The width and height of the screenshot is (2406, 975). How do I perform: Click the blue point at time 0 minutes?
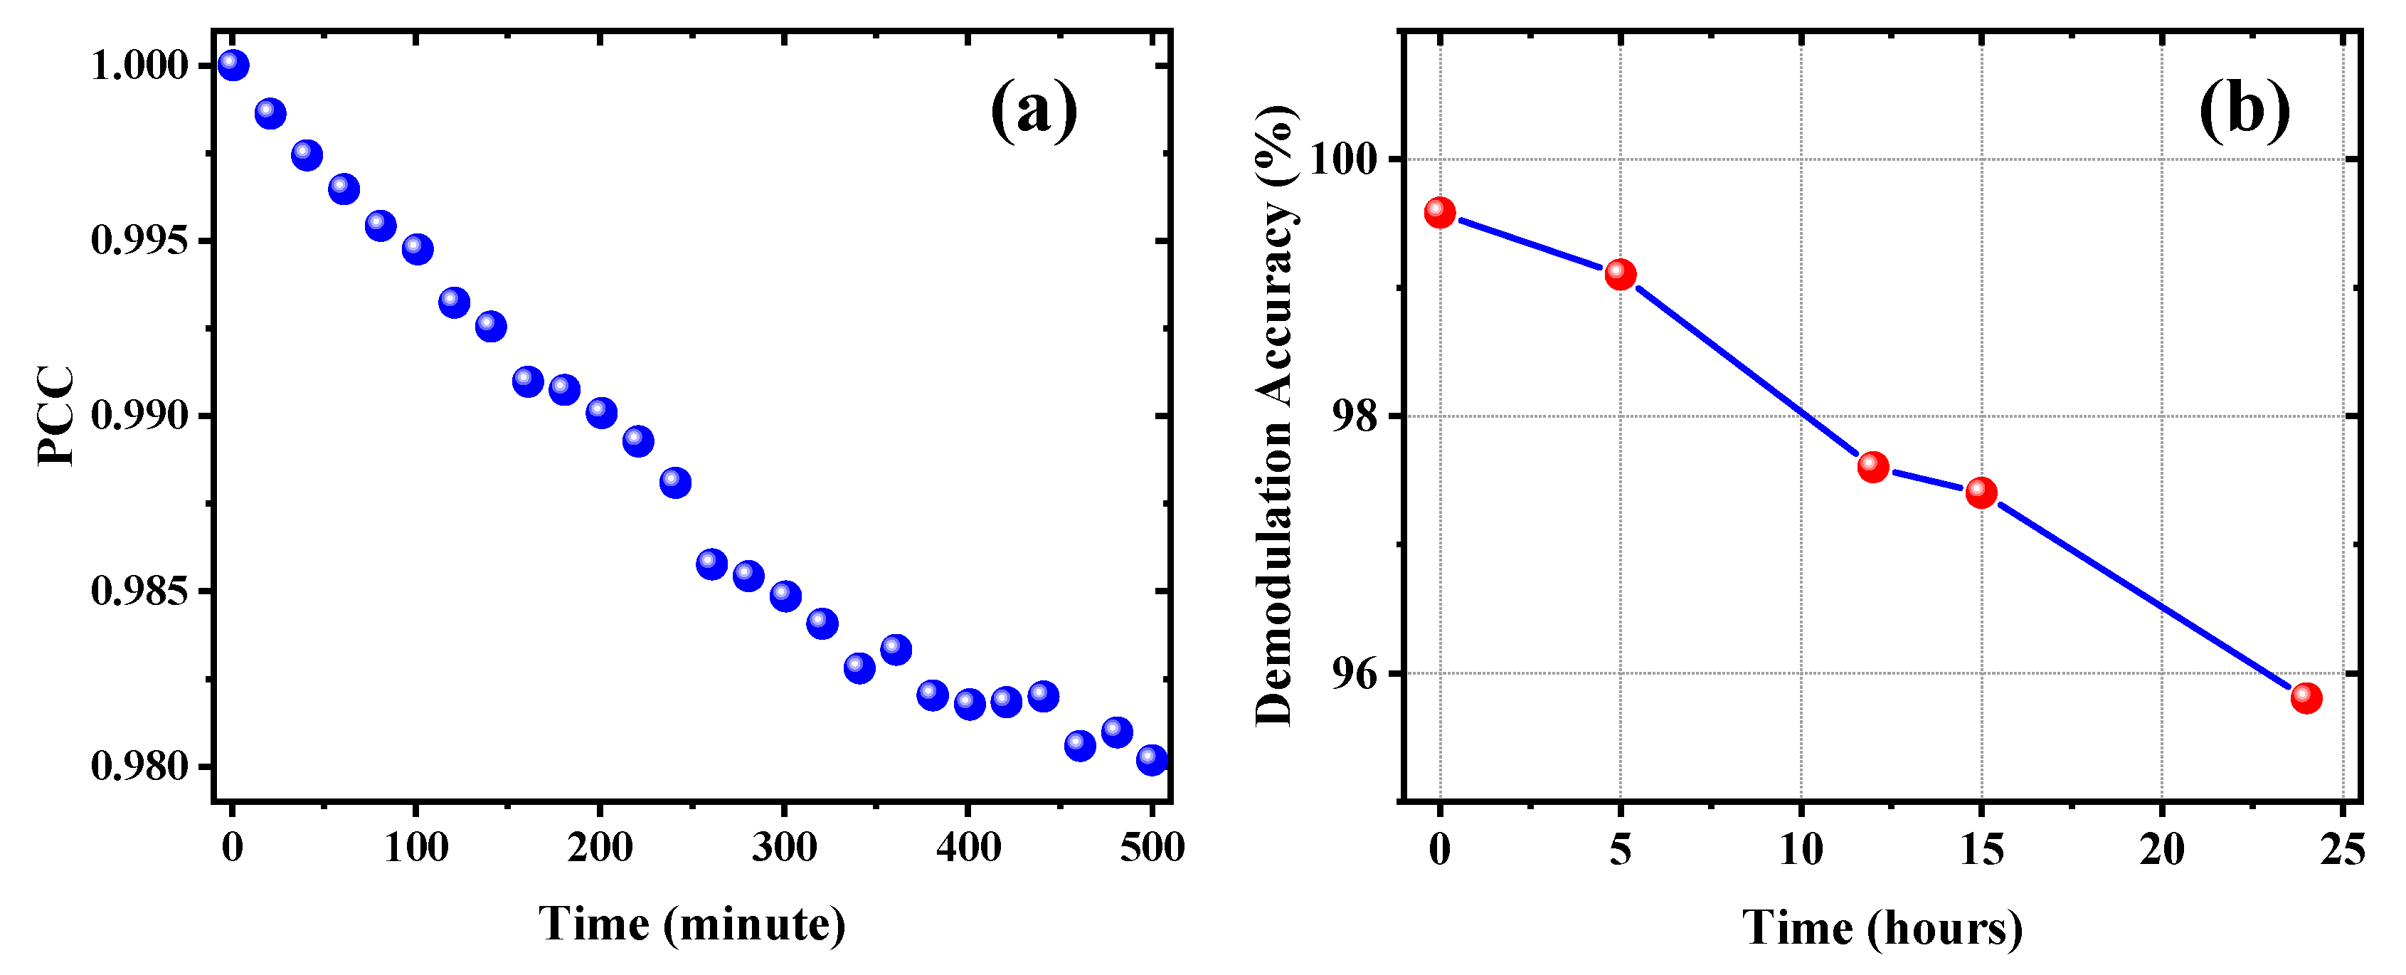(233, 65)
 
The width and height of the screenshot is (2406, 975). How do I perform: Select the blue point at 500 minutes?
(1152, 759)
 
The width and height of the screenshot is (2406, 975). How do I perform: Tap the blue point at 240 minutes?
(674, 483)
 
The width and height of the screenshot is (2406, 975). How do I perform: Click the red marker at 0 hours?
(1439, 213)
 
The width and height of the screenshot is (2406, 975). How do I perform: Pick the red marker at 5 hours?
(1620, 275)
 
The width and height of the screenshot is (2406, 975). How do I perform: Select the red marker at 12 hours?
(1872, 466)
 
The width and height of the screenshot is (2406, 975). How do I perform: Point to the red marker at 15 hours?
(1981, 492)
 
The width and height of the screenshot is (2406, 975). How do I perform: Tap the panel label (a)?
(1033, 110)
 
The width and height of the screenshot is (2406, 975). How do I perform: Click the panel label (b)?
(2245, 110)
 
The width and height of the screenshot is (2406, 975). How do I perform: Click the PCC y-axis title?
(56, 416)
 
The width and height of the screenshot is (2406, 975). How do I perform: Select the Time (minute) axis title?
(692, 924)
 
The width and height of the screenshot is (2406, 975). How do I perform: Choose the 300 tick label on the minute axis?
(785, 847)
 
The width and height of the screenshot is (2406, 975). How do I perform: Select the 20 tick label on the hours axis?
(2161, 849)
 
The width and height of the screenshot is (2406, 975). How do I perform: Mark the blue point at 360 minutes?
(896, 649)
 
